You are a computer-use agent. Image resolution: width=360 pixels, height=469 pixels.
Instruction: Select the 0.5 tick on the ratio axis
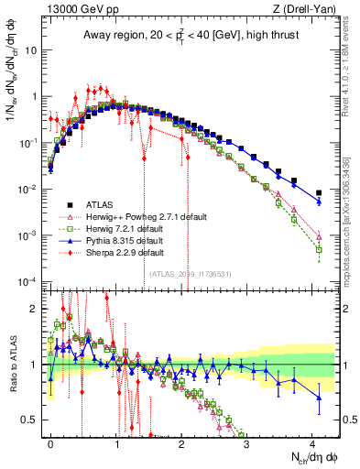point(34,420)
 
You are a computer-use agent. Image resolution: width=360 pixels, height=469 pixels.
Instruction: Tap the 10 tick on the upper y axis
point(34,49)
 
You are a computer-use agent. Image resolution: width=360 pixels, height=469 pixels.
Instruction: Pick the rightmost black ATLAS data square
point(319,193)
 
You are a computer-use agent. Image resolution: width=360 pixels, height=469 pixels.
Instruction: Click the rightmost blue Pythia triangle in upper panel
point(319,202)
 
